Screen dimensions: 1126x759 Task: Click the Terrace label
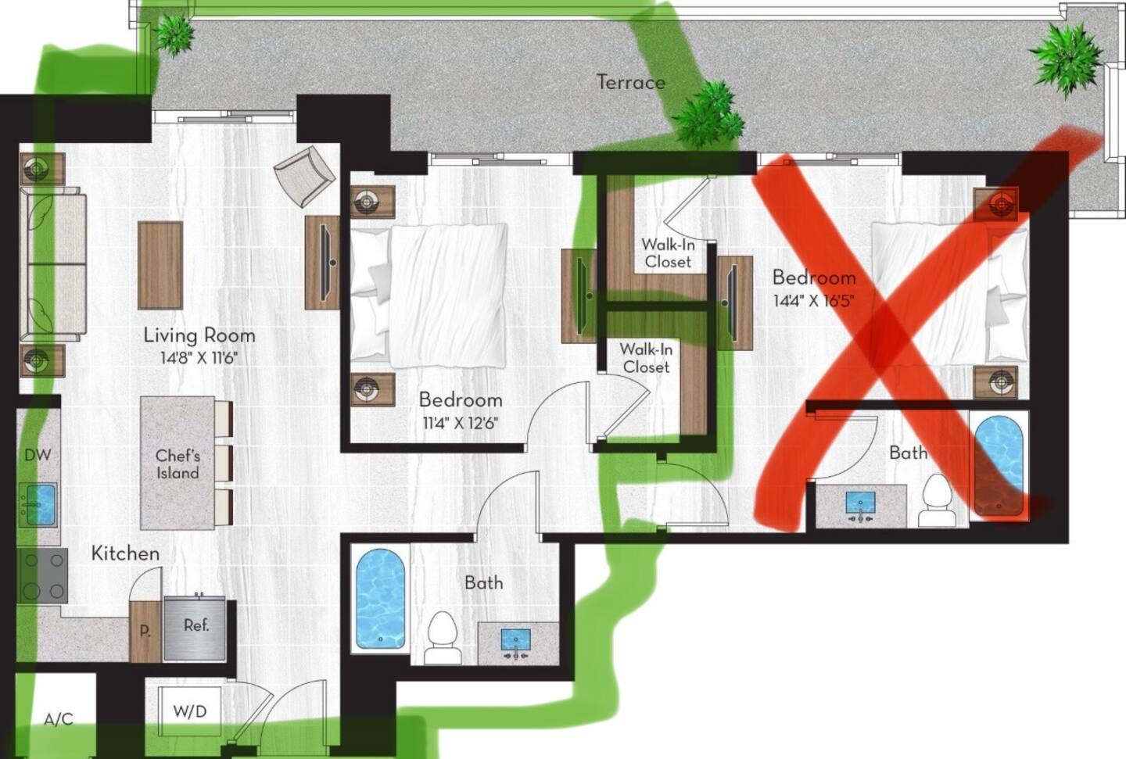point(630,82)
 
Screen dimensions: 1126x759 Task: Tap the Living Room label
point(199,335)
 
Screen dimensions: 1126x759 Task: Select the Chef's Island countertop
point(178,463)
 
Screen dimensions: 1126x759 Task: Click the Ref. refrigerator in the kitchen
point(195,628)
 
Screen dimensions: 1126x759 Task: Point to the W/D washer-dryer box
point(189,712)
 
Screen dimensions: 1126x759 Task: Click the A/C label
point(59,720)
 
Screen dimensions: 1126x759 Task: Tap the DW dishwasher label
point(38,455)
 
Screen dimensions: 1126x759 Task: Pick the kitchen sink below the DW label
point(38,505)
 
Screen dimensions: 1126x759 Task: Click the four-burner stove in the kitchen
point(43,575)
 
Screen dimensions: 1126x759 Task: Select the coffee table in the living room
point(160,266)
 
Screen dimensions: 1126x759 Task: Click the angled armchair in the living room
point(305,176)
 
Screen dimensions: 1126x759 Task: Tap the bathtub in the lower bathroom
point(381,600)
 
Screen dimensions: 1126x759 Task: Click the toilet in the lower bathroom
point(442,639)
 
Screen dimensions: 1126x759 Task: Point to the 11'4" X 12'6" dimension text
point(460,423)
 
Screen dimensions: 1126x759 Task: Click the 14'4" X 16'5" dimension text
point(814,301)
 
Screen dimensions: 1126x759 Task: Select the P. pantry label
point(145,632)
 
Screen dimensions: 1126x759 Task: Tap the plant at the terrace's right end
point(1066,58)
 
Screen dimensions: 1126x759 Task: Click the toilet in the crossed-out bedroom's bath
point(937,500)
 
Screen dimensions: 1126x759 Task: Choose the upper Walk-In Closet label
point(668,252)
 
